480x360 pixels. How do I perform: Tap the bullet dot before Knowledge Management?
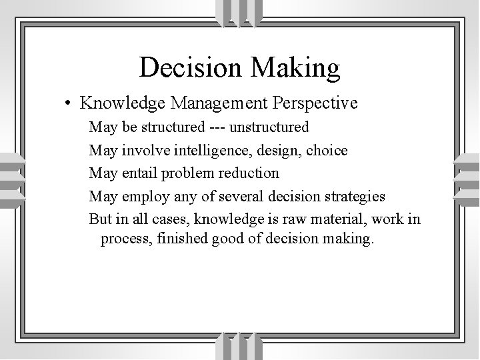pos(69,103)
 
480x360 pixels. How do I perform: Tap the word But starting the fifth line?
pos(101,219)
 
